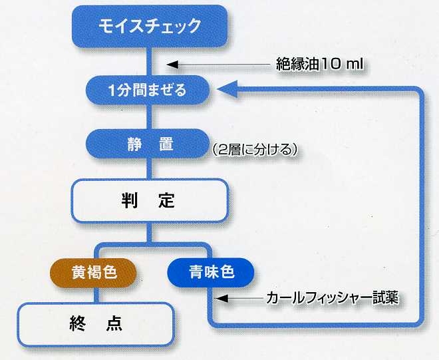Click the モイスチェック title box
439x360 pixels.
(150, 26)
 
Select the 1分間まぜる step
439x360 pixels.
(148, 90)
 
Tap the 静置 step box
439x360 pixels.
(148, 144)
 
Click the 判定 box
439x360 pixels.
(150, 200)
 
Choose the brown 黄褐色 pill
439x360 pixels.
(93, 273)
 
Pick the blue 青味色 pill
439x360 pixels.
(211, 273)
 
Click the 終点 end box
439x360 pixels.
(96, 324)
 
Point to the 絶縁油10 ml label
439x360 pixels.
(319, 65)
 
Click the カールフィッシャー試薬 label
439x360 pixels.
(332, 298)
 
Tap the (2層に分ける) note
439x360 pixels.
(254, 150)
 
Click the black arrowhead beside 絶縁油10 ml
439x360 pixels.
(172, 65)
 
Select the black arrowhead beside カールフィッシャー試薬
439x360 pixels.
(222, 298)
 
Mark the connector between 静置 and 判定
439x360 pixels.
(149, 168)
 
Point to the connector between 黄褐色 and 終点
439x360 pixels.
(96, 295)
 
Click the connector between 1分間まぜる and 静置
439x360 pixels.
(149, 117)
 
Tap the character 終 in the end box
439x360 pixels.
(77, 324)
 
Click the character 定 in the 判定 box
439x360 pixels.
(166, 200)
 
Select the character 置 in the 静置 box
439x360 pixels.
(166, 144)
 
